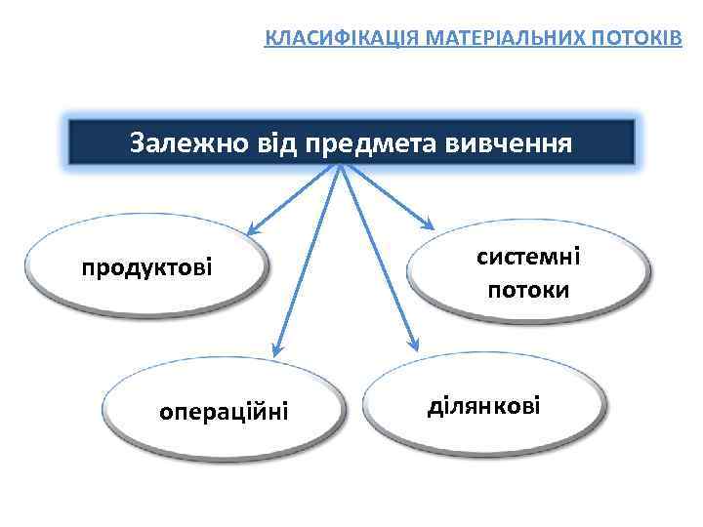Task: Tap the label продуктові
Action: click(146, 267)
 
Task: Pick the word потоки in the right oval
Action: click(528, 290)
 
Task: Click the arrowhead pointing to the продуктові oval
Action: click(252, 231)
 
